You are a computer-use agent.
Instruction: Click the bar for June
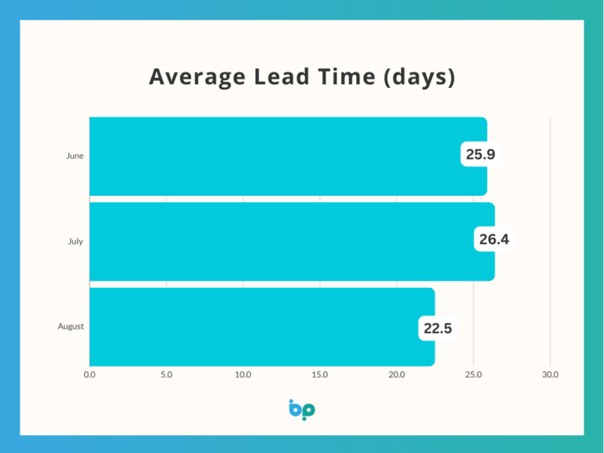[x=275, y=156]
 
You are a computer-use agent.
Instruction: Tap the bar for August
[x=252, y=326]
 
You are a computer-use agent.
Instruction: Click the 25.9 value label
[x=481, y=155]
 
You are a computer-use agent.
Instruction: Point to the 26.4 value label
[x=494, y=239]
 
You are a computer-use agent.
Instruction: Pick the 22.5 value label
[x=438, y=329]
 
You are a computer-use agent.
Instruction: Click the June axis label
[x=75, y=156]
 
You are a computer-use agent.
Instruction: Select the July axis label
[x=75, y=241]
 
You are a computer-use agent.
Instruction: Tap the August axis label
[x=71, y=326]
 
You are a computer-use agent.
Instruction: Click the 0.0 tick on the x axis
[x=90, y=375]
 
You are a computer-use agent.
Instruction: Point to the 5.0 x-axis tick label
[x=166, y=375]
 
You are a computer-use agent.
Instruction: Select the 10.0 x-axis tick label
[x=243, y=375]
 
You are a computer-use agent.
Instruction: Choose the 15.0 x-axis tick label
[x=320, y=375]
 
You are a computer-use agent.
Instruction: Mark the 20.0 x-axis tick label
[x=396, y=375]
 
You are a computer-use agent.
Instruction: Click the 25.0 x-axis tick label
[x=473, y=375]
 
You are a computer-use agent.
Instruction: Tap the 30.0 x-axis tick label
[x=551, y=375]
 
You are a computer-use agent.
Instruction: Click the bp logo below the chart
[x=302, y=409]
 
